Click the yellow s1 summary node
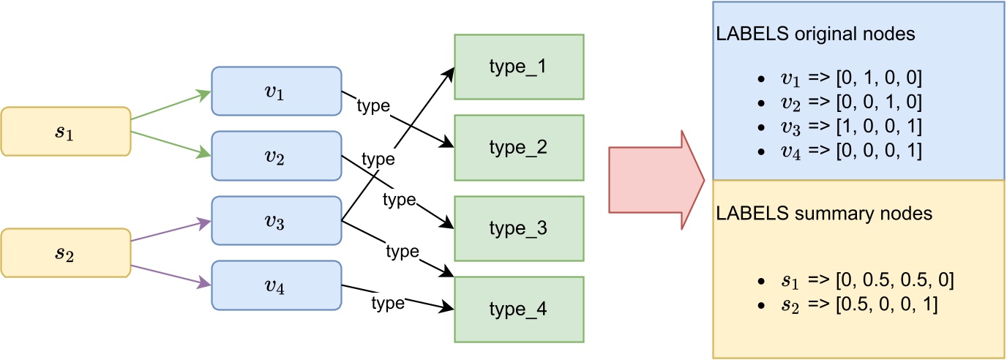click(66, 132)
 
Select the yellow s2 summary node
click(66, 253)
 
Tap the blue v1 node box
click(277, 91)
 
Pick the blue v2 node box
click(277, 155)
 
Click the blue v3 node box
click(277, 220)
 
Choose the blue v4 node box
click(277, 285)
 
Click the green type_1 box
click(519, 66)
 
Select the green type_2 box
click(519, 147)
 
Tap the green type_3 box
click(519, 228)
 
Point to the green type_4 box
click(519, 309)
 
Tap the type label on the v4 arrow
click(388, 302)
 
